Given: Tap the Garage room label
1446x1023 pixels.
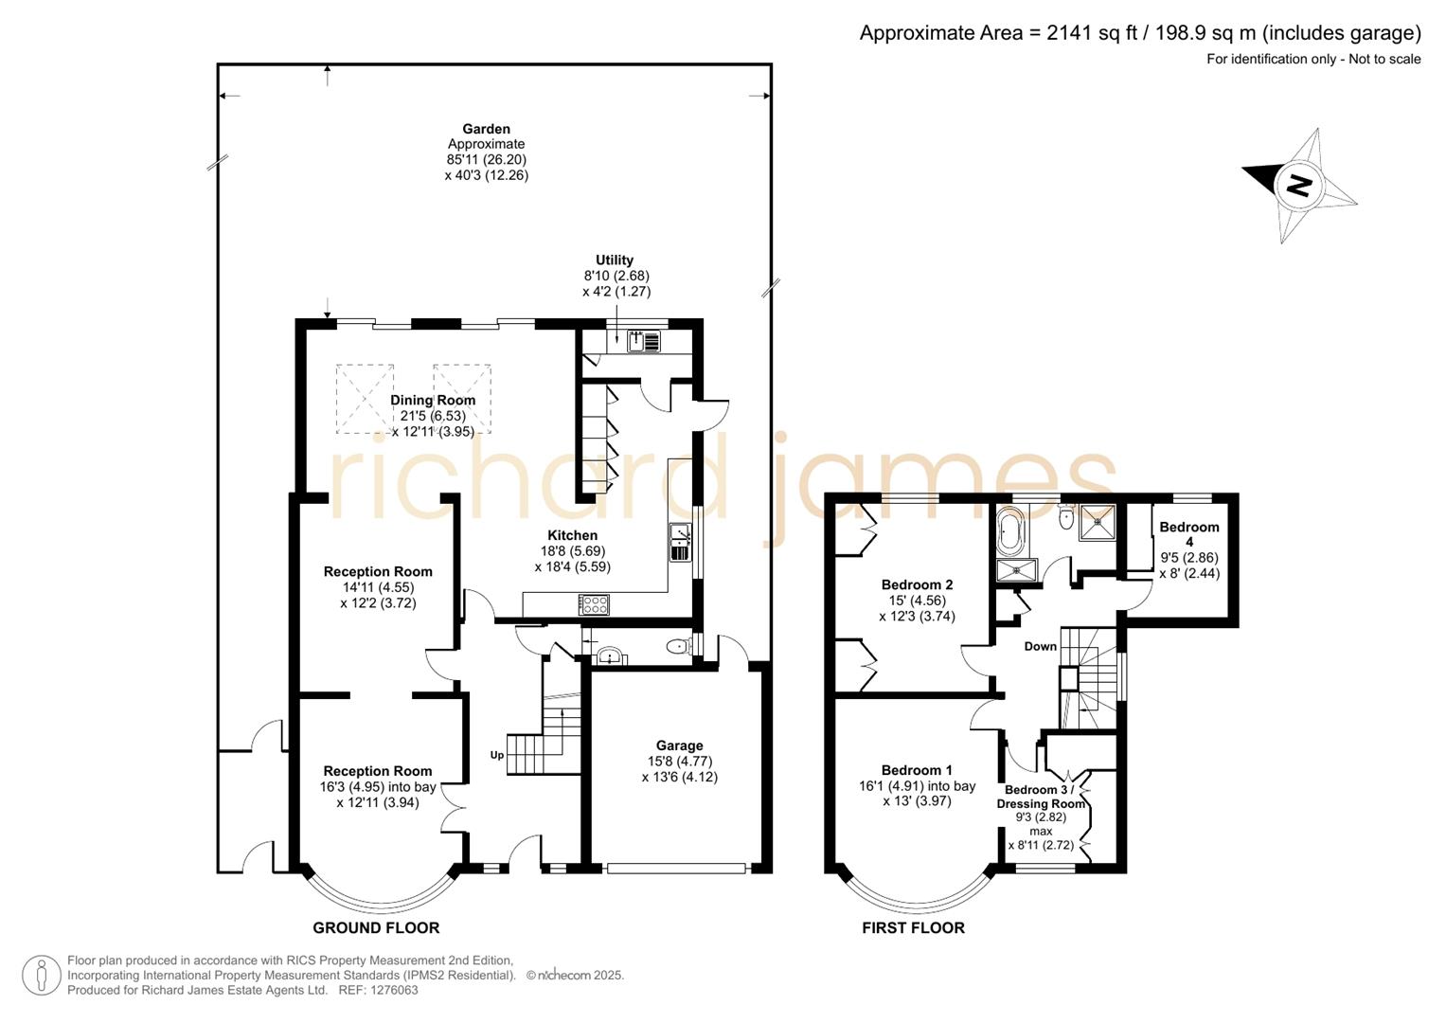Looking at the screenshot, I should click(679, 745).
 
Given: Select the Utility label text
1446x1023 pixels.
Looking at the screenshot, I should click(615, 260).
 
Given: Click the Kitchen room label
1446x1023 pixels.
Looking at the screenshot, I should click(572, 535).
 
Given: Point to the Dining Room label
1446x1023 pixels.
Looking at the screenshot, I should click(433, 401).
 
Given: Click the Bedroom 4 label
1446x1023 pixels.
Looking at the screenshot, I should click(1189, 528).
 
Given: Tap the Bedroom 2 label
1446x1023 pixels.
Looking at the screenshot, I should click(917, 584).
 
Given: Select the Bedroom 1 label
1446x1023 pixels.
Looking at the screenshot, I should click(917, 770).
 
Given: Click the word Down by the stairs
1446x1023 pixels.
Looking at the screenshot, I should click(1040, 647).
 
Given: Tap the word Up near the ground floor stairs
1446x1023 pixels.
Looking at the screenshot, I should click(497, 755).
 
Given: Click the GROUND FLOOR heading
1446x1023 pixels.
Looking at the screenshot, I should click(376, 928).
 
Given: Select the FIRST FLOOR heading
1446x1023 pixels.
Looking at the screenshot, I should click(913, 928).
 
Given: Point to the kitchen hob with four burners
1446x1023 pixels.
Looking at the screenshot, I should click(595, 603).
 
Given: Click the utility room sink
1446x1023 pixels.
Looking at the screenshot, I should click(644, 339).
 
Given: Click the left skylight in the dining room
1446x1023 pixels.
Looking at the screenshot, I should click(365, 399).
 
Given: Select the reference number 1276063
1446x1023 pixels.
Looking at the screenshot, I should click(392, 991).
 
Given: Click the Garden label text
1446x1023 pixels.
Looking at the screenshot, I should click(486, 129).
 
